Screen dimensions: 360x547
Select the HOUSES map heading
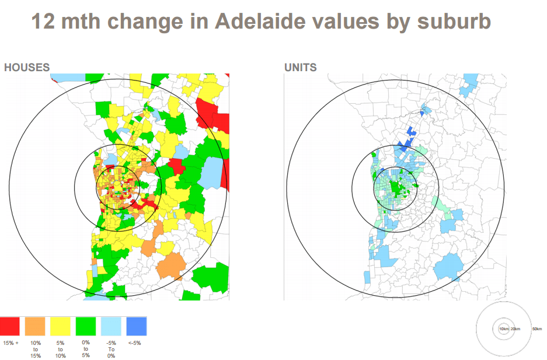(27, 68)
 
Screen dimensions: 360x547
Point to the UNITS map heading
(301, 68)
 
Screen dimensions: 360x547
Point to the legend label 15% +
(11, 343)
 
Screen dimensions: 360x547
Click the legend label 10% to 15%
(36, 349)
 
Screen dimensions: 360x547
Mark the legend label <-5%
(134, 343)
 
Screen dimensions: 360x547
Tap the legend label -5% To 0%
(111, 349)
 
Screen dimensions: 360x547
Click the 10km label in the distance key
(504, 329)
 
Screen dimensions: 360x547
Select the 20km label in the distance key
(515, 329)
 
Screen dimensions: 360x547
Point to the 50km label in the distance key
(537, 329)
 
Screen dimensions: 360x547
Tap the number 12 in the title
(43, 22)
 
